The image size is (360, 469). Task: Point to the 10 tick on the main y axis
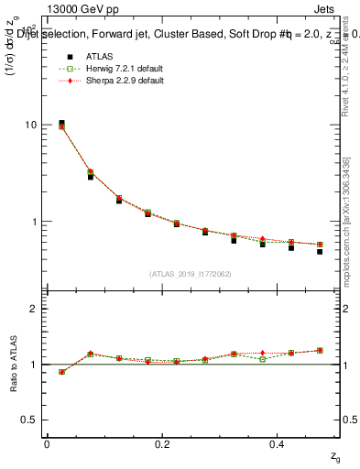[30, 125]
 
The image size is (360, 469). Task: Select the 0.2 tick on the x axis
[162, 444]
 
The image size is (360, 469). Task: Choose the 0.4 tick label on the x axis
[278, 444]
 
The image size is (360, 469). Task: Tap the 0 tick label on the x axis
[47, 444]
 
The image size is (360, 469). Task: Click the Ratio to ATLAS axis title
[14, 365]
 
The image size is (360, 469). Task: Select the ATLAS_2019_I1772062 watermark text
[190, 273]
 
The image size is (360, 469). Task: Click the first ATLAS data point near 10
[61, 123]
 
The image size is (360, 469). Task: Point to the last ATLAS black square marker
[320, 251]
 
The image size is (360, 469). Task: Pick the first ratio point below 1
[61, 372]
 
